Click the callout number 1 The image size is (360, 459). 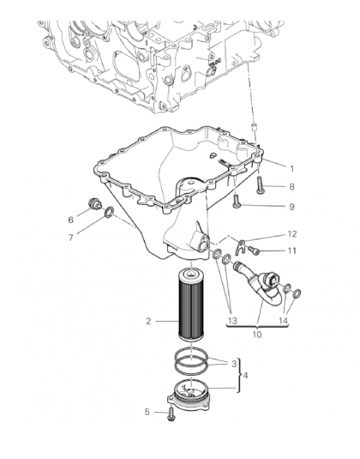(x=291, y=169)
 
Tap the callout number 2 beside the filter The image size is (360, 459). (x=148, y=321)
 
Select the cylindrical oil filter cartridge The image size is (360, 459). (x=191, y=305)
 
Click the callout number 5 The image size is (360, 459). (x=147, y=412)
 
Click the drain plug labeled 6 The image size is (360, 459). (x=94, y=204)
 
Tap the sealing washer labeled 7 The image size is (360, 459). (x=110, y=212)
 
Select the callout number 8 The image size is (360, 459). (x=291, y=187)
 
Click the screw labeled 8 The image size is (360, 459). (x=261, y=185)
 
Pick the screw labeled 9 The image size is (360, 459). (x=237, y=202)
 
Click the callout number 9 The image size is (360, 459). (x=291, y=207)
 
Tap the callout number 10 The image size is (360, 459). (x=257, y=334)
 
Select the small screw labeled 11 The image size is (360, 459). (x=252, y=251)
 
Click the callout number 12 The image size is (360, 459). (x=292, y=234)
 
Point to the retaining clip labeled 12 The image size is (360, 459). (x=240, y=247)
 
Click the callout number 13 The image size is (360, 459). (x=232, y=321)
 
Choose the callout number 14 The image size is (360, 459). (x=283, y=321)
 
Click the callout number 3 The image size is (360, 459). (x=234, y=364)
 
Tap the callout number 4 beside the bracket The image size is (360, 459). (x=245, y=375)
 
